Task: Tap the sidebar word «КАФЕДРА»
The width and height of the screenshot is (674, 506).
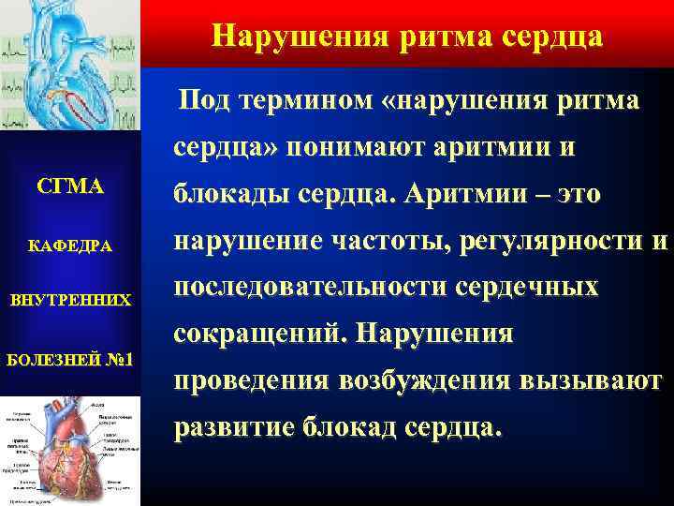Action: [x=69, y=246]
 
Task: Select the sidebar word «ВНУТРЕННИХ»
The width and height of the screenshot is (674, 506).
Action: [x=69, y=302]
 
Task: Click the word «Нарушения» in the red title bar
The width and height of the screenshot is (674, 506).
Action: [x=284, y=36]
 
